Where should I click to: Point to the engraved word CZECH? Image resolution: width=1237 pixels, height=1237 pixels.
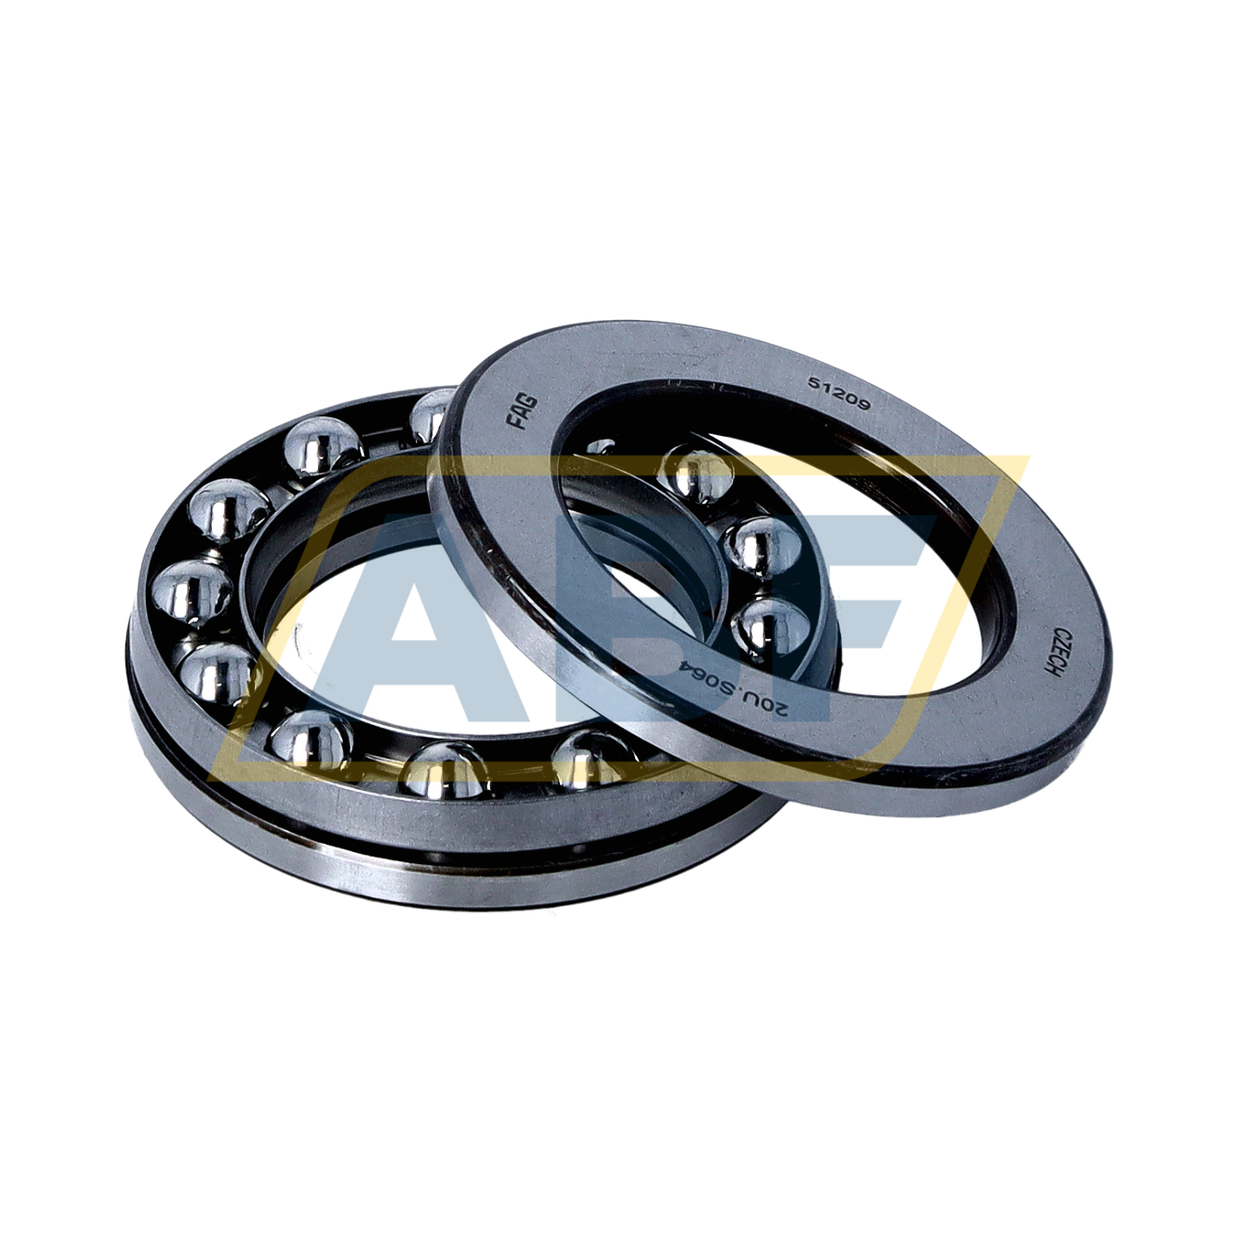pyautogui.click(x=1046, y=652)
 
